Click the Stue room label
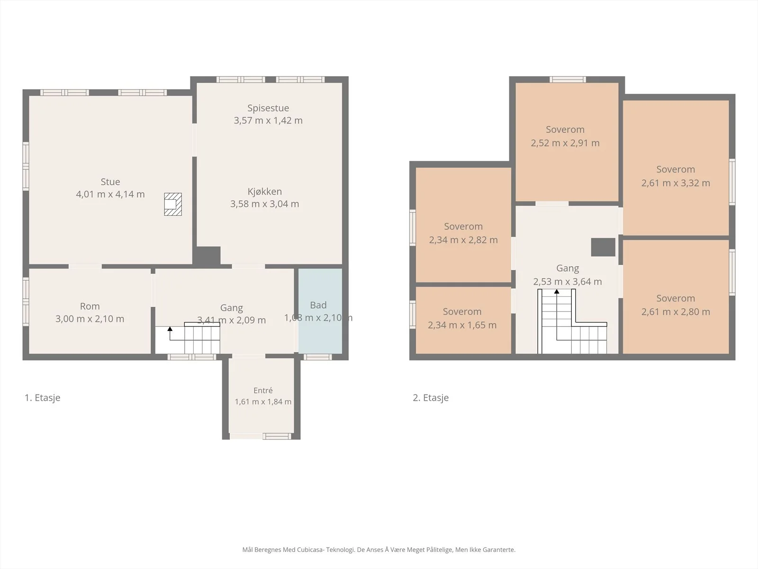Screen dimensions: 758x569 110,182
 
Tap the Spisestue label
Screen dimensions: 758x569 268,108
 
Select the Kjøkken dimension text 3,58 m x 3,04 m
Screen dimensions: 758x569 264,204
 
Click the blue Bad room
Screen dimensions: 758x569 320,311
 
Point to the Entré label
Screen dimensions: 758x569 263,390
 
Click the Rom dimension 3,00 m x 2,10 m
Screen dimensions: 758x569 90,319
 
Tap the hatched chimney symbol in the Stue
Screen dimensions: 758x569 172,204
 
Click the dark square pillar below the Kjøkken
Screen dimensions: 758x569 207,256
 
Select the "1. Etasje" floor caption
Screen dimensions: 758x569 43,398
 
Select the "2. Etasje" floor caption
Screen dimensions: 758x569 431,398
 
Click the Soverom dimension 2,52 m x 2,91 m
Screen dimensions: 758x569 565,143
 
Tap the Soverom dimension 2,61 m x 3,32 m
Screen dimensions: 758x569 676,183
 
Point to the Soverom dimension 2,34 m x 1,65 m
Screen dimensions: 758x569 462,325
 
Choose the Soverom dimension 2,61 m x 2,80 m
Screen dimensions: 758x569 676,312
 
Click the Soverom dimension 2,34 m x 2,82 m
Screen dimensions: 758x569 463,240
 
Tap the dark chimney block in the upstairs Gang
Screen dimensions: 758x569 603,247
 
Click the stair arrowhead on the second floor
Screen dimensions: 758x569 557,292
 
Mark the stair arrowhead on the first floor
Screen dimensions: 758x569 170,329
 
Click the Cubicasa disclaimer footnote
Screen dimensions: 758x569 379,550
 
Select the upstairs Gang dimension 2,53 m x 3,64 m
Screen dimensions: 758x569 568,282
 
